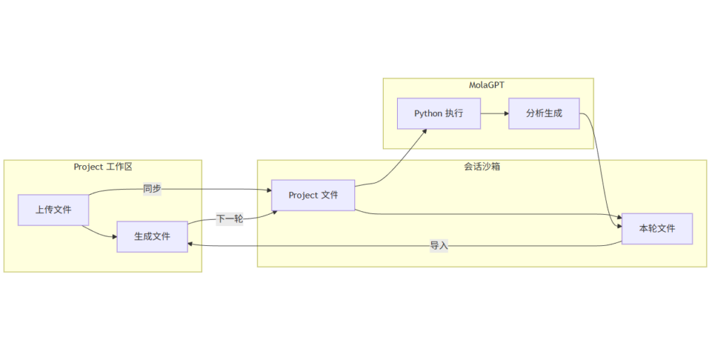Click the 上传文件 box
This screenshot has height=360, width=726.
[x=54, y=210]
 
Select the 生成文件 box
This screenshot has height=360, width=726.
[x=152, y=237]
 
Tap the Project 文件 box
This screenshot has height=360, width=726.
[x=313, y=195]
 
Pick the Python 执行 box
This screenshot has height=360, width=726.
[x=439, y=113]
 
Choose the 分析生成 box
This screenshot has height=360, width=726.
[x=544, y=113]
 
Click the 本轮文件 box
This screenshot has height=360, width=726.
[x=657, y=228]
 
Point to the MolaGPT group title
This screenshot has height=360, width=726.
[x=487, y=85]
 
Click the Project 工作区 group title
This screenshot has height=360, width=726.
[x=103, y=167]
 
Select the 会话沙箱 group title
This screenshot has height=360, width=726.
[x=481, y=167]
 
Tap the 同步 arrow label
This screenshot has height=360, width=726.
[x=152, y=189]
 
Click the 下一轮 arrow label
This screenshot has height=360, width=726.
[x=229, y=219]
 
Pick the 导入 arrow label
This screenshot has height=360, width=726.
[x=439, y=246]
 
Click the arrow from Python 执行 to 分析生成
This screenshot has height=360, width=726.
[x=494, y=113]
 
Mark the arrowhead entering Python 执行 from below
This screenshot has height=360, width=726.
[x=424, y=131]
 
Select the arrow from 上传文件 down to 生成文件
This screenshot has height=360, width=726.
[x=99, y=235]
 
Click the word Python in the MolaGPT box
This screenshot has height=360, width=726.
[x=428, y=113]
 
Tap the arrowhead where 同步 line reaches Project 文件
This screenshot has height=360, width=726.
[x=269, y=190]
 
